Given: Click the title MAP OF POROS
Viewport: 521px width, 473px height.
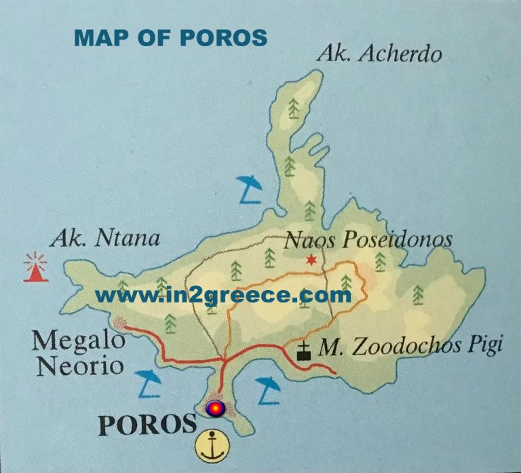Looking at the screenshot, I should pyautogui.click(x=170, y=38).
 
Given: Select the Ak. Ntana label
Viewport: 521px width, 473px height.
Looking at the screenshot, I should pyautogui.click(x=104, y=239).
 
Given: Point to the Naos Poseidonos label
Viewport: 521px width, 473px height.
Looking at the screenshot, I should pyautogui.click(x=368, y=239).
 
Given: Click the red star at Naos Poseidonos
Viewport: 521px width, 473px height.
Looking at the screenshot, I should pyautogui.click(x=311, y=260).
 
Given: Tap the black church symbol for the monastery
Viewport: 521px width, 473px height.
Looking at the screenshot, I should pyautogui.click(x=304, y=351).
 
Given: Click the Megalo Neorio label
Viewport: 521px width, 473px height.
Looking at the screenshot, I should pyautogui.click(x=72, y=353).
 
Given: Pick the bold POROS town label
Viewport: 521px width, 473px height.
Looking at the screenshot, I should pyautogui.click(x=147, y=425).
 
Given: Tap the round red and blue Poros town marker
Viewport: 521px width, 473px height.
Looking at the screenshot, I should pyautogui.click(x=214, y=408).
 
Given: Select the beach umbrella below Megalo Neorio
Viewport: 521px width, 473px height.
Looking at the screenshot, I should pyautogui.click(x=149, y=384).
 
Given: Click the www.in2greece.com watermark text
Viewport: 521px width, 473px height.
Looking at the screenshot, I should pyautogui.click(x=223, y=296).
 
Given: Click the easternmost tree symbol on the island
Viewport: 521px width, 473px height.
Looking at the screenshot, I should pyautogui.click(x=418, y=294).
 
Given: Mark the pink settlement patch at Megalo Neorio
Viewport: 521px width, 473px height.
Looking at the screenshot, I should pyautogui.click(x=119, y=323).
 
